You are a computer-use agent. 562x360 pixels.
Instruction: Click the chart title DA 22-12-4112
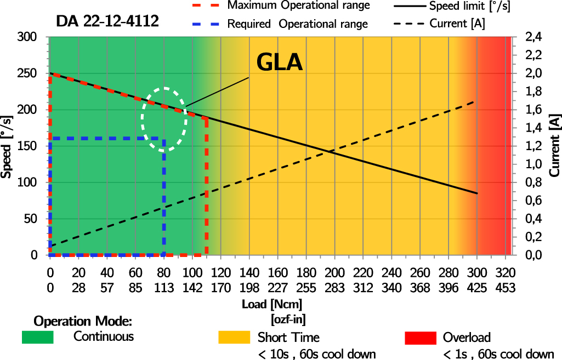click(x=107, y=22)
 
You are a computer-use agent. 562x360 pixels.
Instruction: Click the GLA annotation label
click(x=280, y=63)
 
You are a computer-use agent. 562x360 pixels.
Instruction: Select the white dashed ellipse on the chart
click(x=164, y=119)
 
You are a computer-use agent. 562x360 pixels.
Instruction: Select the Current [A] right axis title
click(x=555, y=146)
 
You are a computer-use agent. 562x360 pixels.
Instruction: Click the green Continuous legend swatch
click(x=37, y=337)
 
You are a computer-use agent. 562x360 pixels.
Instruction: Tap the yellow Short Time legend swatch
click(x=234, y=337)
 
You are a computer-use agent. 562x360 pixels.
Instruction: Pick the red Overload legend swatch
click(x=419, y=337)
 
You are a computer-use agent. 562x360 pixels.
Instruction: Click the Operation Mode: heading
click(x=83, y=321)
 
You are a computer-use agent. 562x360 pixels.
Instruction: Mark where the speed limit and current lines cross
click(x=330, y=151)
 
